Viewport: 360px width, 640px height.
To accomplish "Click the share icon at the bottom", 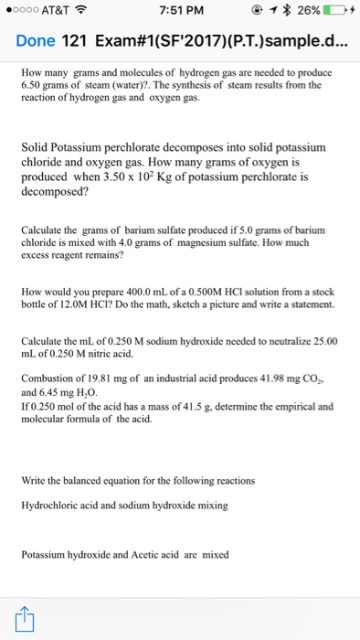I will (x=24, y=618).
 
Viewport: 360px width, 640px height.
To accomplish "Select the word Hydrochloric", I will (x=52, y=505).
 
